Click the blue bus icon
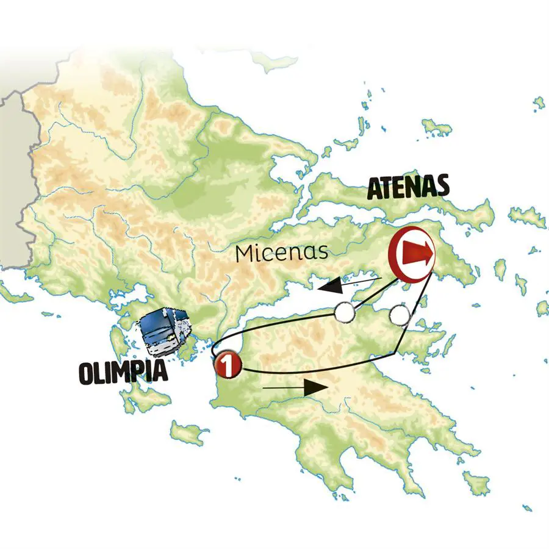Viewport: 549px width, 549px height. coord(163,332)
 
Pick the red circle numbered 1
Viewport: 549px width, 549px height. coord(227,365)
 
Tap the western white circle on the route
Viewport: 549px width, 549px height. coord(345,312)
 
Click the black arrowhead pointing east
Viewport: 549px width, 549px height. coord(317,387)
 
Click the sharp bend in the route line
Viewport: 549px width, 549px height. coord(398,353)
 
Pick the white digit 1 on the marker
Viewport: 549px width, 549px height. coord(227,365)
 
